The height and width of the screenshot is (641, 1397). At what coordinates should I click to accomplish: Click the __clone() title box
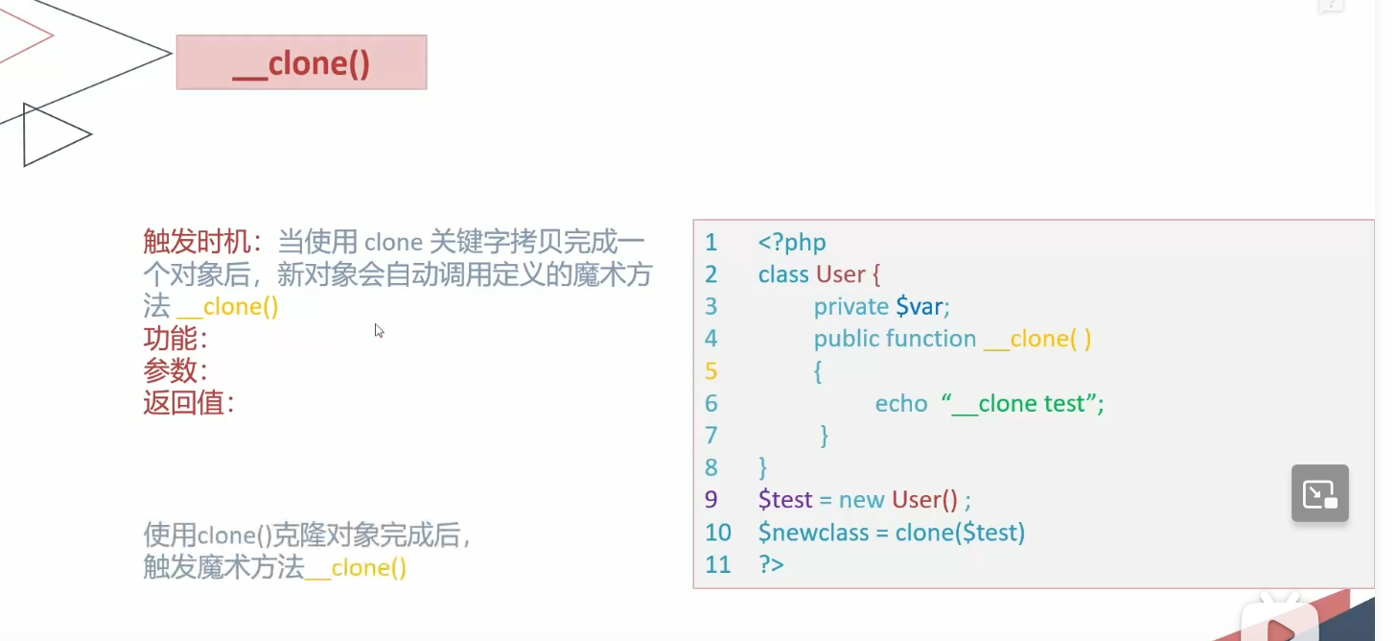pyautogui.click(x=301, y=62)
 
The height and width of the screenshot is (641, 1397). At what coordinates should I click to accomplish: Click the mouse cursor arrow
pyautogui.click(x=379, y=330)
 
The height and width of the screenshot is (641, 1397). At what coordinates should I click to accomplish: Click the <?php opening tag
pyautogui.click(x=791, y=243)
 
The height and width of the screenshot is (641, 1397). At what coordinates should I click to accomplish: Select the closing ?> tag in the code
pyautogui.click(x=771, y=564)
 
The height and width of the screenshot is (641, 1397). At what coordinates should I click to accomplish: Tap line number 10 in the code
pyautogui.click(x=717, y=533)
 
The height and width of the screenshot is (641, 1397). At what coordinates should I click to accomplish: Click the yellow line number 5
pyautogui.click(x=710, y=371)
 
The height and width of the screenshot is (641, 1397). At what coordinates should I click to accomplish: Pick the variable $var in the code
pyautogui.click(x=921, y=306)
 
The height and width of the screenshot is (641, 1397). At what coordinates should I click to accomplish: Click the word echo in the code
pyautogui.click(x=901, y=404)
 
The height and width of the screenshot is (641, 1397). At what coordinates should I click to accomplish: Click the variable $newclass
pyautogui.click(x=813, y=533)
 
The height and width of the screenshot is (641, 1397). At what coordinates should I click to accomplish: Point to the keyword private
pyautogui.click(x=850, y=306)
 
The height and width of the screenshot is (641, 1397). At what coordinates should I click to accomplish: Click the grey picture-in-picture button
pyautogui.click(x=1319, y=493)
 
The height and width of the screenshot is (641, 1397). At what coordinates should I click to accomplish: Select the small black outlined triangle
pyautogui.click(x=53, y=135)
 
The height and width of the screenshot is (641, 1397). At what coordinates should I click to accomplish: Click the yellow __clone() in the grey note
pyautogui.click(x=368, y=568)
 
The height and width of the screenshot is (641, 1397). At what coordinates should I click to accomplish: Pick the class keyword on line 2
pyautogui.click(x=782, y=274)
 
